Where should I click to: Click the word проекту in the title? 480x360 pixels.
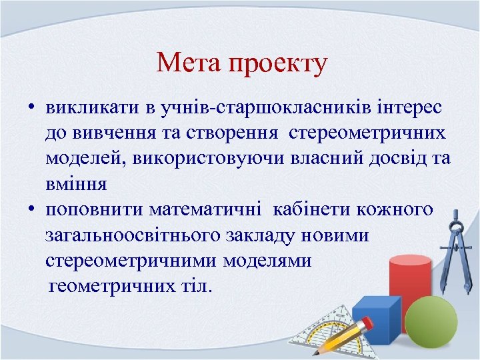pyautogui.click(x=277, y=65)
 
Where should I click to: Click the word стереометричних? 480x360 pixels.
pyautogui.click(x=367, y=133)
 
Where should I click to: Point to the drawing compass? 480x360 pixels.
pyautogui.click(x=461, y=240)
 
